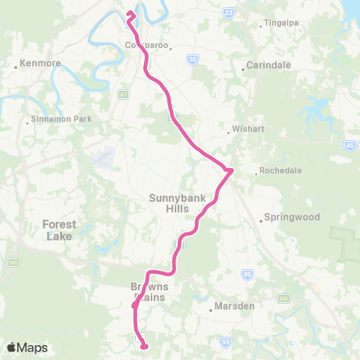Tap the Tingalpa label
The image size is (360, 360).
click(281, 23)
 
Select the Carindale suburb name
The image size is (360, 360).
click(267, 65)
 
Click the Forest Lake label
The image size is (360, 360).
click(58, 229)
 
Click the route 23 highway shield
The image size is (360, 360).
click(229, 13)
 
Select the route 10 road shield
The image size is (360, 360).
click(193, 59)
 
